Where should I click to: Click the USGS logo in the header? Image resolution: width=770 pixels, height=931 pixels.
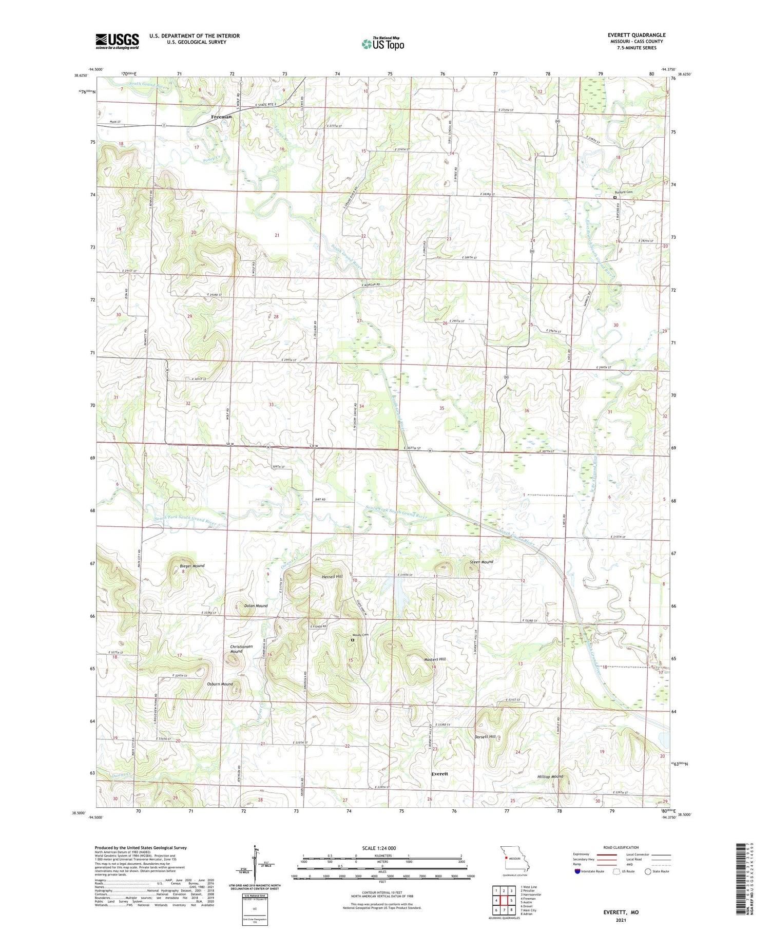117,41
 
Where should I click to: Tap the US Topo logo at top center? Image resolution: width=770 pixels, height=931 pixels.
383,44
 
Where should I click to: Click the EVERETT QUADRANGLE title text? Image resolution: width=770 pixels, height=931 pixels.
636,35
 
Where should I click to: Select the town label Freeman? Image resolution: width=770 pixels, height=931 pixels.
221,117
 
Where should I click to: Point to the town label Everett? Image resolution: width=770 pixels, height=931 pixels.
439,773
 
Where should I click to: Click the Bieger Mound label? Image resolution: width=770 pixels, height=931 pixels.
192,566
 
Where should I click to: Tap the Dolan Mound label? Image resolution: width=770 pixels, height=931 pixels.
255,606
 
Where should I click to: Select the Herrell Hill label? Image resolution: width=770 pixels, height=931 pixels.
332,576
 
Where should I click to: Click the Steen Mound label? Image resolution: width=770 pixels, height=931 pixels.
481,562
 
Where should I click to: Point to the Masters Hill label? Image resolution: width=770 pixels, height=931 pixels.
435,659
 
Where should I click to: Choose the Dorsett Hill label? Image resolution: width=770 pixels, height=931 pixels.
485,736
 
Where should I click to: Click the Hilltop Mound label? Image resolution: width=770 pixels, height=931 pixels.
550,776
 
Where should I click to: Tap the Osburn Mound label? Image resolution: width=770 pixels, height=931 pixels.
220,684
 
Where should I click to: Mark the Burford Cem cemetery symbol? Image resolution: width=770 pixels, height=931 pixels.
615,197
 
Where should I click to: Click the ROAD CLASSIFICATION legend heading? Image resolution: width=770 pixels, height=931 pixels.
621,847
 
